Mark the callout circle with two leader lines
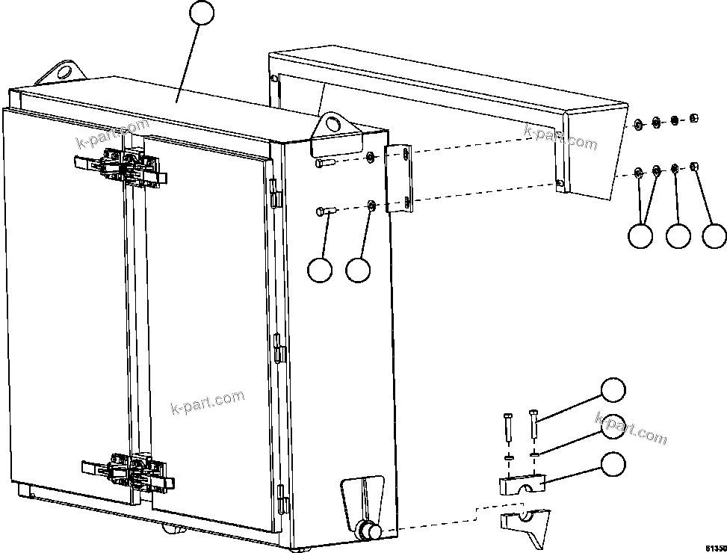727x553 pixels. [x=640, y=235]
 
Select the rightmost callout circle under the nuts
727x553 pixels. [x=715, y=235]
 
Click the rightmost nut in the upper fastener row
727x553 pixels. [x=694, y=118]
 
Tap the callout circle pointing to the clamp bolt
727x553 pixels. [x=613, y=391]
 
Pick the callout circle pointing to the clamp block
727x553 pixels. [x=613, y=463]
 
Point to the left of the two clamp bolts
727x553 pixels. [x=508, y=429]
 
